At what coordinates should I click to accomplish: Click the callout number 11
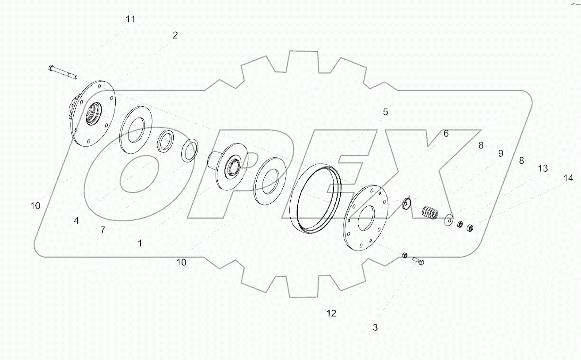pos(130,19)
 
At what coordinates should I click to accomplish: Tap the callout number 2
pos(175,36)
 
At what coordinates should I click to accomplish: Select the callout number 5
pos(385,112)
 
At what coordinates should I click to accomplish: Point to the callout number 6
pos(446,133)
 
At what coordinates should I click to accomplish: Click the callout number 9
pos(501,153)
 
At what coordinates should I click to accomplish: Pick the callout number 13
pos(543,168)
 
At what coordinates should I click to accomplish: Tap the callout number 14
pos(568,178)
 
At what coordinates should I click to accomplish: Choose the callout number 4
pos(76,220)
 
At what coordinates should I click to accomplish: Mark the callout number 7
pos(103,230)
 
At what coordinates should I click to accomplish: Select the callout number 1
pos(140,243)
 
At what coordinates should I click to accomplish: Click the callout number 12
pos(331,313)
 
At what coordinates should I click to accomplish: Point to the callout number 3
pos(375,327)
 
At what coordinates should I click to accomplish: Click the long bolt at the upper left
pos(62,72)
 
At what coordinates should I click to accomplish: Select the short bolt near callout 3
pos(418,261)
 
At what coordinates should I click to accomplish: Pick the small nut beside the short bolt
pos(405,255)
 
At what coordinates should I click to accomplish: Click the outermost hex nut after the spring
pos(470,228)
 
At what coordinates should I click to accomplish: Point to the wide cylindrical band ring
pos(316,197)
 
